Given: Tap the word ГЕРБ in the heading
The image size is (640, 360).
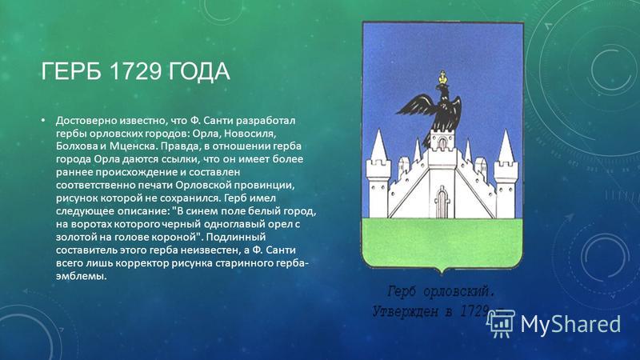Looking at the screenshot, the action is click(x=72, y=71).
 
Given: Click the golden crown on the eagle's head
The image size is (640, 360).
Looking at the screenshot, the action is click(x=442, y=78).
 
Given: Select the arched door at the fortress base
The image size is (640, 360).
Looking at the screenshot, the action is click(x=442, y=202).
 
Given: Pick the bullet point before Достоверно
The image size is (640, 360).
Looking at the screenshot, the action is click(x=42, y=121).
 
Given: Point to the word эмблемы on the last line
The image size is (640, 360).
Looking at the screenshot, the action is click(x=82, y=276).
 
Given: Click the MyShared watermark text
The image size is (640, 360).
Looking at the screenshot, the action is click(x=570, y=325).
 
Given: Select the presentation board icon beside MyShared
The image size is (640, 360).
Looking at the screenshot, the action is click(x=502, y=324).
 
